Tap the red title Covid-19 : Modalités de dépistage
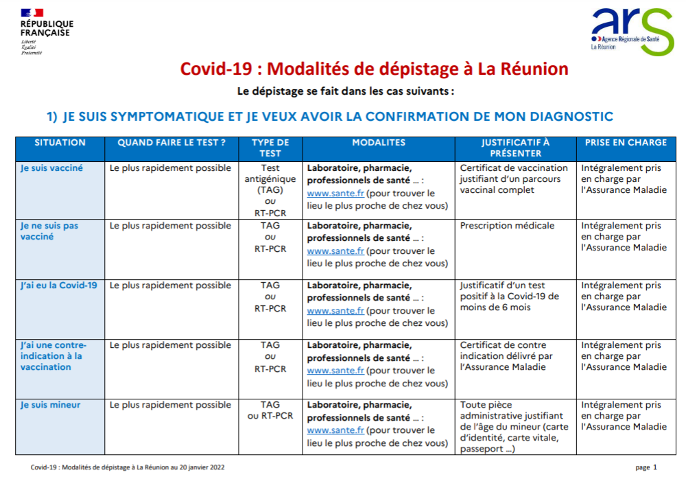click(374, 69)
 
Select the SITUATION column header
click(60, 143)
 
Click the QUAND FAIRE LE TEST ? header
click(171, 143)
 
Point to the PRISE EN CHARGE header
click(626, 143)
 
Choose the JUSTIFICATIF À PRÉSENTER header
click(515, 148)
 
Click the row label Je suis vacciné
click(51, 168)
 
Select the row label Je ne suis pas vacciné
click(49, 231)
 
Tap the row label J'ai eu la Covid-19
click(59, 285)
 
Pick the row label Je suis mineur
click(50, 405)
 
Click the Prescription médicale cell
click(507, 226)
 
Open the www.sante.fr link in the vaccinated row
click(335, 194)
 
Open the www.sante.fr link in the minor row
click(335, 430)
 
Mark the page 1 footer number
click(646, 467)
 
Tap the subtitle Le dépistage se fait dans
click(346, 91)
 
